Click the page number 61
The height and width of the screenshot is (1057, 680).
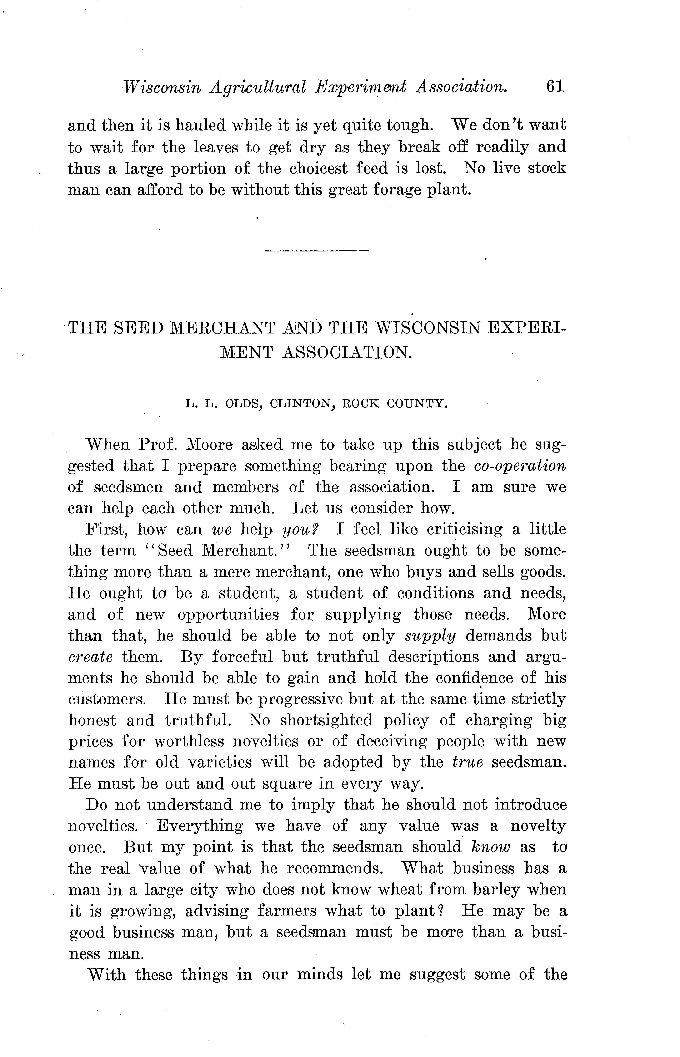click(x=555, y=86)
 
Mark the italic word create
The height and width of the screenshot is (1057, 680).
click(x=90, y=657)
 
